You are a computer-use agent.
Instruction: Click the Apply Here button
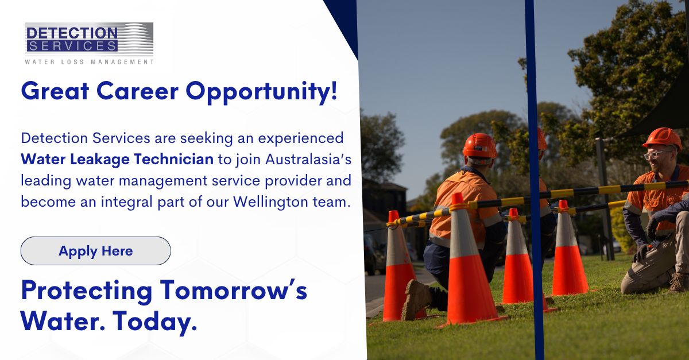click(96, 251)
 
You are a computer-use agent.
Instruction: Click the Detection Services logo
click(89, 44)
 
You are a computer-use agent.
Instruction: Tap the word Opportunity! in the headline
click(261, 92)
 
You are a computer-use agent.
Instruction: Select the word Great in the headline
click(55, 91)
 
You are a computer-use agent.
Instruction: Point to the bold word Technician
click(173, 159)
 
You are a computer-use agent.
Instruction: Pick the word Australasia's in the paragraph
click(308, 159)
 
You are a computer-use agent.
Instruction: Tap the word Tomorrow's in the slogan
click(234, 291)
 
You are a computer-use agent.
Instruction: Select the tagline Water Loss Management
click(89, 62)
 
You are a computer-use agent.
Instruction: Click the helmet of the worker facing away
click(479, 146)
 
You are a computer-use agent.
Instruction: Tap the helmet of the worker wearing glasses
click(662, 139)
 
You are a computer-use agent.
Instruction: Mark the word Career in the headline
click(137, 91)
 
